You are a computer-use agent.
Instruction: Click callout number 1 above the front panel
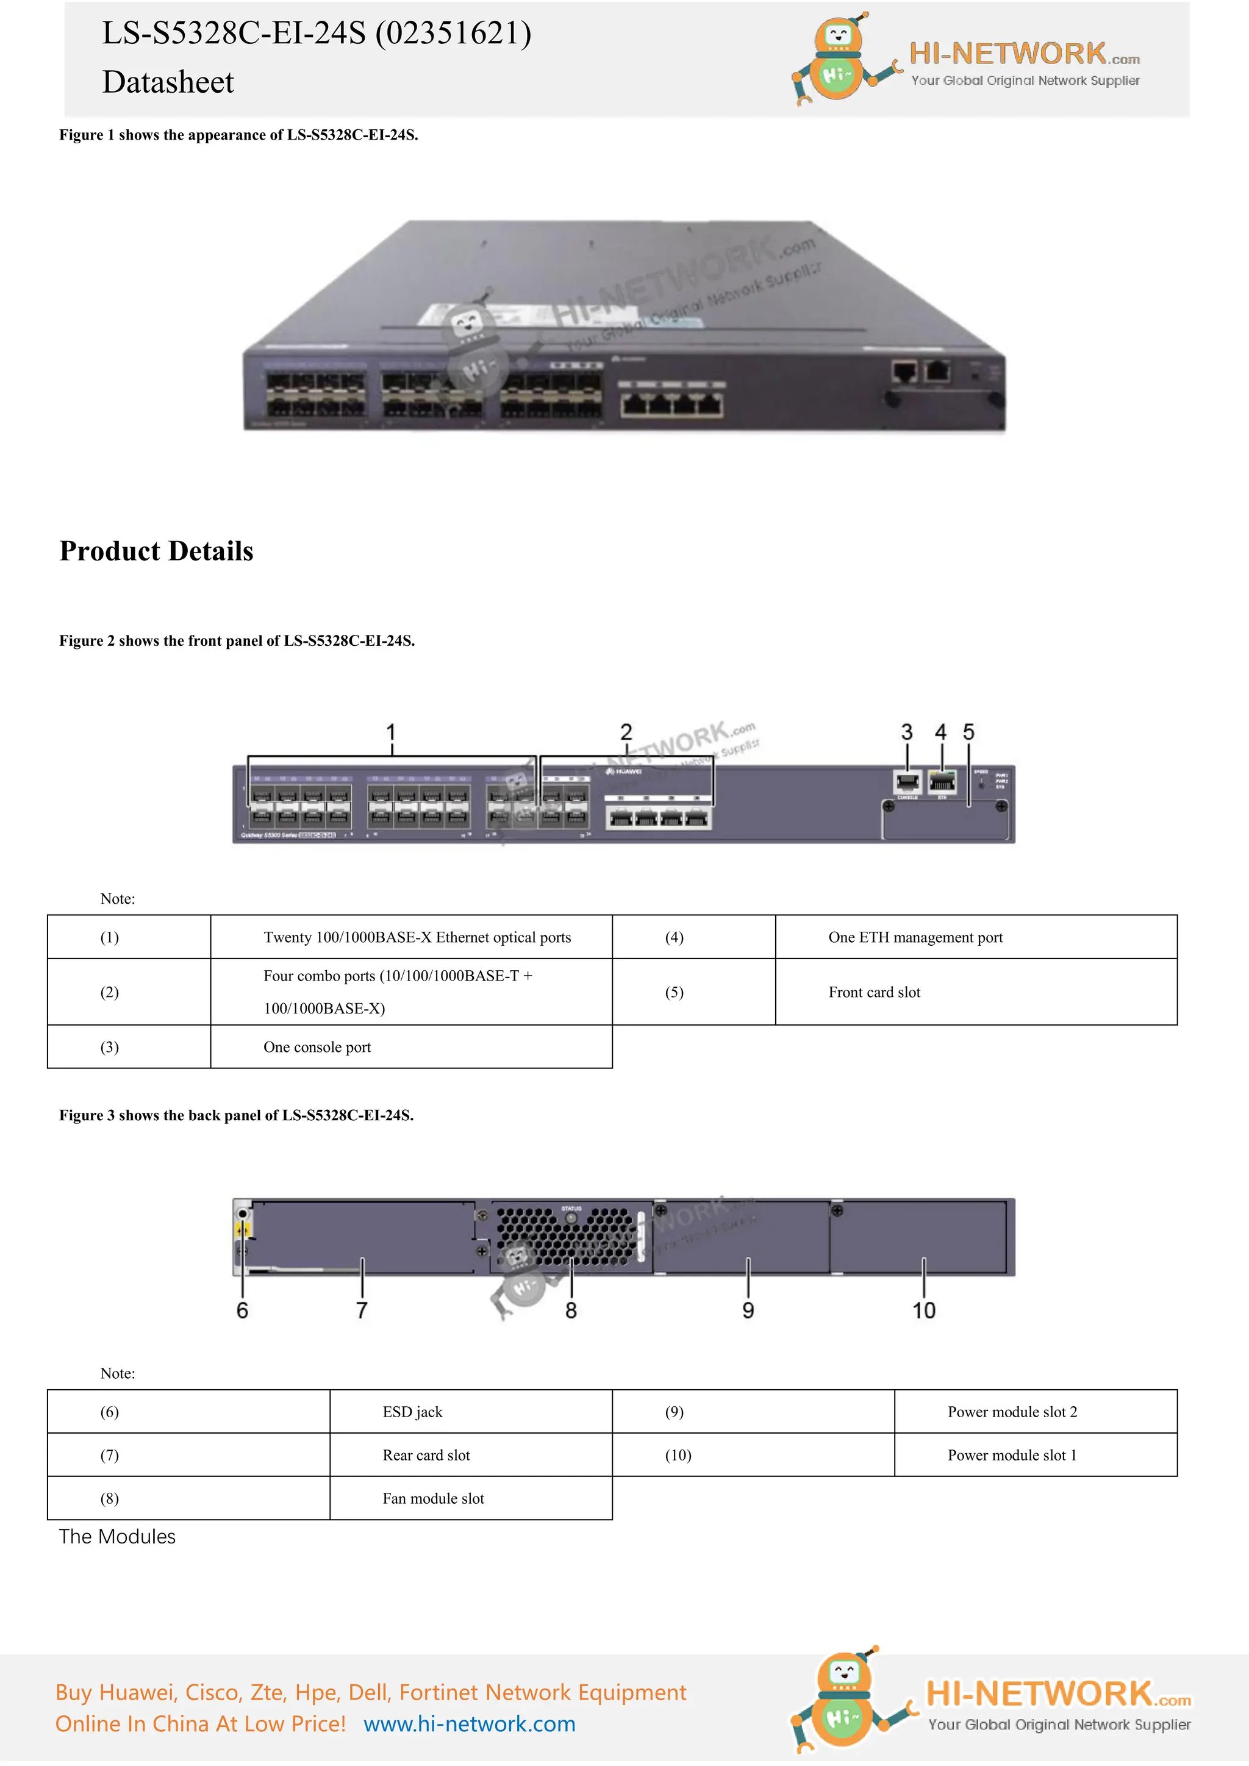coord(391,732)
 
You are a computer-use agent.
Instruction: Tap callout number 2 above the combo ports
coord(626,732)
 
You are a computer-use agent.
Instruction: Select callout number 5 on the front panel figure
coord(968,732)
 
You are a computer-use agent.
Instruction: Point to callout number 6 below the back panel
coord(242,1310)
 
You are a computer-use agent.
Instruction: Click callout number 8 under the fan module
coord(571,1310)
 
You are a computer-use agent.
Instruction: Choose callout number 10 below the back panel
coord(924,1310)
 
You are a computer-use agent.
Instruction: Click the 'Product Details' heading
coord(156,551)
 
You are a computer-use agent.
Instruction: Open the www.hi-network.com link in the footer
coord(469,1724)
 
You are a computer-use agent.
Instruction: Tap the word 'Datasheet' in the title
coord(168,82)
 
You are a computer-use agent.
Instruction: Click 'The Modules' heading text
coord(117,1537)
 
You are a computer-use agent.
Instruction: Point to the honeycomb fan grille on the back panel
coord(566,1237)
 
